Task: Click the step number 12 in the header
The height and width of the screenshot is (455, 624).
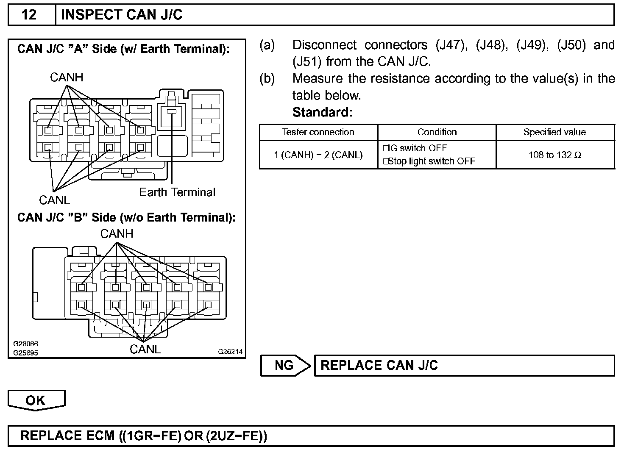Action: click(29, 15)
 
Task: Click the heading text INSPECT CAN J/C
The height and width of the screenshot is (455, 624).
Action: click(122, 15)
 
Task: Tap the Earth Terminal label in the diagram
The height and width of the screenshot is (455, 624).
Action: click(177, 192)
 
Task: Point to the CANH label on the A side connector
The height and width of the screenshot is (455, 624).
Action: click(67, 78)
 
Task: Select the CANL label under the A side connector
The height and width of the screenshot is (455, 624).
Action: click(54, 200)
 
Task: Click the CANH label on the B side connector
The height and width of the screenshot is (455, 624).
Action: click(117, 233)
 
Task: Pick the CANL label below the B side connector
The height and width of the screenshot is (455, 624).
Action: click(145, 350)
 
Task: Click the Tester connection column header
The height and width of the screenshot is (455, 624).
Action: click(318, 132)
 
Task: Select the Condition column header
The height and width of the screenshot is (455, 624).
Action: click(437, 132)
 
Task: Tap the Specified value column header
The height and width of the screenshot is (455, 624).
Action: click(554, 132)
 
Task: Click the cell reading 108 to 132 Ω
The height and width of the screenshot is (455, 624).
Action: click(555, 155)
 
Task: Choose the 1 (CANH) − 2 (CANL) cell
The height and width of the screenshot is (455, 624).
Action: click(318, 155)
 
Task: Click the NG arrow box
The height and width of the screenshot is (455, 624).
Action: click(284, 365)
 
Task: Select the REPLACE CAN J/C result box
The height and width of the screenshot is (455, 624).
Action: click(464, 365)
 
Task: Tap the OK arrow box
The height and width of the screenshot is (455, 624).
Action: click(36, 401)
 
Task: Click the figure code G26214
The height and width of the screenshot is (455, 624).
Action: click(230, 352)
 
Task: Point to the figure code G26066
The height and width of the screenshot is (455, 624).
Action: click(25, 344)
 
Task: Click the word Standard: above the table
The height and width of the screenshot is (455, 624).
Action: click(323, 112)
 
